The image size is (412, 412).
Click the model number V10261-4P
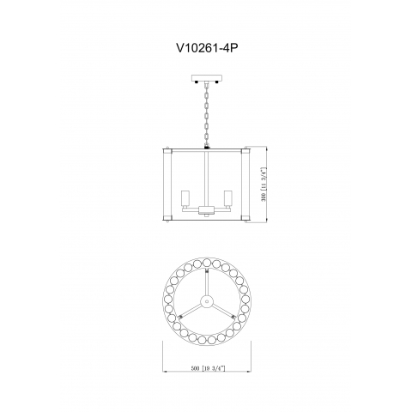207,48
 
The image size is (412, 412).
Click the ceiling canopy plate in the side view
207,77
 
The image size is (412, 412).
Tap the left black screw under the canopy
197,82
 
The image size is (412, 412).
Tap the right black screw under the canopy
217,82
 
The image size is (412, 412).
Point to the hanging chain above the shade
207,114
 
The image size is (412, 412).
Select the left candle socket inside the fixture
185,198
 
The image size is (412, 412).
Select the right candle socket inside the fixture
228,198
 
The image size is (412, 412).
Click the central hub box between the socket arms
207,210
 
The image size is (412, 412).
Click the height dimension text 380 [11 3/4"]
264,184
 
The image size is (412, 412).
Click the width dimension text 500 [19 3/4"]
208,368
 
